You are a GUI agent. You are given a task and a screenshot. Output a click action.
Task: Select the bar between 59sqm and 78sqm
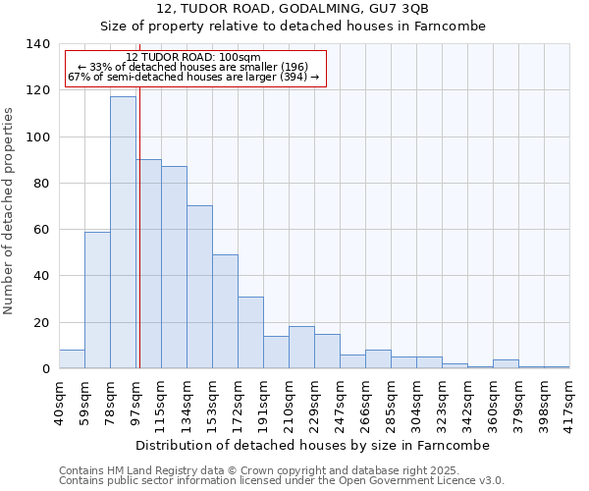pos(97,300)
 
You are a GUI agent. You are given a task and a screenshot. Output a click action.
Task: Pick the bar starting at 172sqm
pos(250,333)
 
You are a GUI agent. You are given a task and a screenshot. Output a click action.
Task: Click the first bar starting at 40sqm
pos(72,359)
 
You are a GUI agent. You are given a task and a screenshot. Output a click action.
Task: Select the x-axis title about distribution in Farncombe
pos(313,445)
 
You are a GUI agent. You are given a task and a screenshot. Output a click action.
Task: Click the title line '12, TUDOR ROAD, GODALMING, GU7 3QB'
pos(293,9)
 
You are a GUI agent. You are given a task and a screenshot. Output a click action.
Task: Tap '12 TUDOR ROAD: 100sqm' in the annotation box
pos(193,57)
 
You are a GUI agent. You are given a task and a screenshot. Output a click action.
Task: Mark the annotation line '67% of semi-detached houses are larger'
pos(193,78)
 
